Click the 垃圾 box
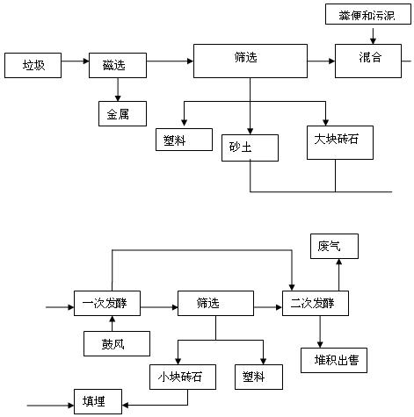click(33, 65)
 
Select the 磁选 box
click(118, 65)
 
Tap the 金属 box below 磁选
click(122, 113)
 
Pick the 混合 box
click(368, 61)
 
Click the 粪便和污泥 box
click(368, 14)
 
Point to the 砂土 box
click(250, 147)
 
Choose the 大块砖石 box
click(340, 142)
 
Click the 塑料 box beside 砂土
click(184, 140)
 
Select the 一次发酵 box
click(107, 303)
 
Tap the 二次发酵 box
click(316, 303)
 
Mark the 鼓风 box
click(117, 343)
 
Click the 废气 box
click(334, 246)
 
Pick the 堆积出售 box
click(334, 360)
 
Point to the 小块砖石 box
click(183, 377)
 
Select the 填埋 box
click(98, 401)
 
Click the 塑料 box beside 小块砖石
click(258, 377)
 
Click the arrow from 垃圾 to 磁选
click(75, 61)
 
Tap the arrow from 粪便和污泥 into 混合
click(373, 36)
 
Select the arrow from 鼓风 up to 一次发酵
click(113, 323)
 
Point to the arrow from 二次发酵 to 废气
click(339, 275)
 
